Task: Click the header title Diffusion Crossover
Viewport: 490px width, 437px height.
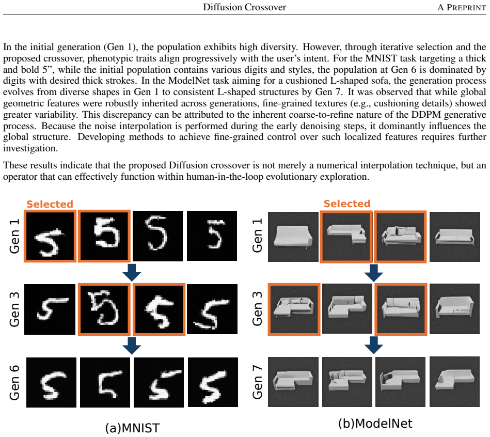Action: pos(244,7)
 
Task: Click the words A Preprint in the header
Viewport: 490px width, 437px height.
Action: pos(462,7)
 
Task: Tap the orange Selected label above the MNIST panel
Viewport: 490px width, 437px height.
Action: pos(50,204)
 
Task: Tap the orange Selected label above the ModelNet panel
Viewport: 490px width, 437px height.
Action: pos(347,204)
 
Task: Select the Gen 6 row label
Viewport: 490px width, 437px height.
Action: pos(14,382)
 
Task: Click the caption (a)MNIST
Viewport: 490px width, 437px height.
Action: pos(132,428)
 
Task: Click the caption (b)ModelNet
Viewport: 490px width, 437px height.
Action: pos(375,423)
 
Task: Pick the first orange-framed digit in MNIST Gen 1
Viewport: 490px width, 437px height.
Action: pos(50,236)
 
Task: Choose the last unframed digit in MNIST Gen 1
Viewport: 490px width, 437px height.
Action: pos(212,236)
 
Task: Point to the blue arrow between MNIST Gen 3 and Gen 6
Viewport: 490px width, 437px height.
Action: pos(132,346)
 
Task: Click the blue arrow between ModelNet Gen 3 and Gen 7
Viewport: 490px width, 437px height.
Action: pos(374,345)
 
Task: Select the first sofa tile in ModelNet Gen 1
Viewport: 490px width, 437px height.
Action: pos(293,237)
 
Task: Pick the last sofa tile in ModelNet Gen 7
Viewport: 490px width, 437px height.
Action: pos(455,382)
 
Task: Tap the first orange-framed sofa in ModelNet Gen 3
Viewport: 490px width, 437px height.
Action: pos(294,309)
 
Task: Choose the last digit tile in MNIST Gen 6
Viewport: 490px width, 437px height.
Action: pos(213,382)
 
